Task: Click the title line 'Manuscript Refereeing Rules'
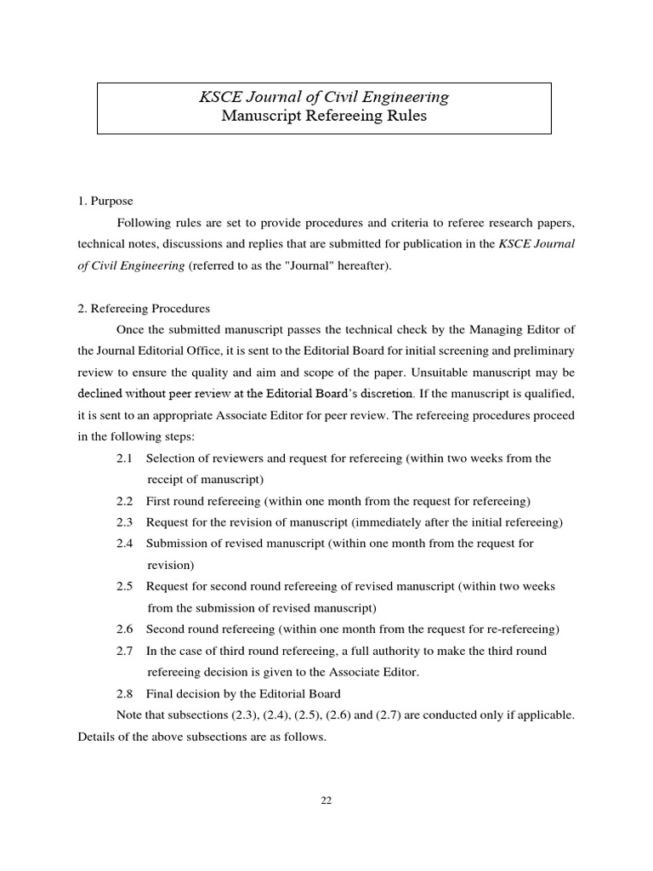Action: point(324,117)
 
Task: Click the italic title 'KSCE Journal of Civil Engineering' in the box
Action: point(324,97)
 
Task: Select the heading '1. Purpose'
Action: point(105,202)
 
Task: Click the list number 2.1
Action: point(125,458)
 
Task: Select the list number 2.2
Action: point(125,501)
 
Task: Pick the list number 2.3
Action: point(125,522)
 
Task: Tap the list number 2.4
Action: point(125,544)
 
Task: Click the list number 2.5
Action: point(125,587)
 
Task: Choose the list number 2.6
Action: point(125,629)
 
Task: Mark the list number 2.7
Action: point(125,651)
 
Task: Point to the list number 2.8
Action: point(125,693)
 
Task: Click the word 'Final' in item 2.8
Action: point(160,693)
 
